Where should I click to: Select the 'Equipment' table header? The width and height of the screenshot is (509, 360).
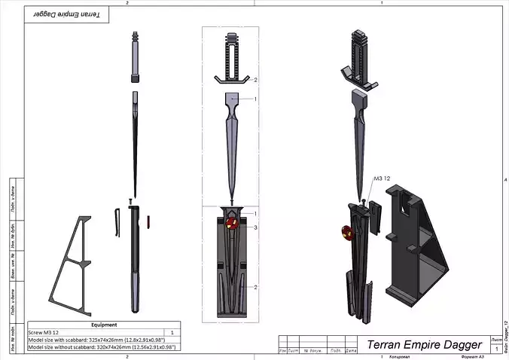[103, 325]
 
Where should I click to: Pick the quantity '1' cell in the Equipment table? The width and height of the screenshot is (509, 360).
[172, 332]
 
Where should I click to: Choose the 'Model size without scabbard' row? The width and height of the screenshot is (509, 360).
[101, 347]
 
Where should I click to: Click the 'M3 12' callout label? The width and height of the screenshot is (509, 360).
[383, 178]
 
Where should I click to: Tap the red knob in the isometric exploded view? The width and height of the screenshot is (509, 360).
[349, 229]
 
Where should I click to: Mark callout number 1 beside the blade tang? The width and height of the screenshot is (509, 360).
[255, 99]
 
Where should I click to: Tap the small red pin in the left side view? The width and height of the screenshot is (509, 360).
[149, 221]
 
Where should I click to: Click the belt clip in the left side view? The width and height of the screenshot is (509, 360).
[118, 222]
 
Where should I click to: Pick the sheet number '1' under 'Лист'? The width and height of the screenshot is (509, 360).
[498, 350]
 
